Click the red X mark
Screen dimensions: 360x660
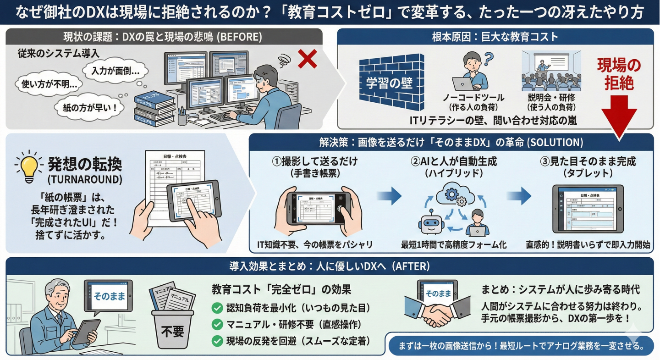click(307, 59)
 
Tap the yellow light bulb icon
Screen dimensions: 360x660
click(29, 166)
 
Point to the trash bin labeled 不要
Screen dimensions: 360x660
click(172, 327)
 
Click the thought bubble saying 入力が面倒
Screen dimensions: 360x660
click(115, 71)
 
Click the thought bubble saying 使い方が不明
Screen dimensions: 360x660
click(49, 84)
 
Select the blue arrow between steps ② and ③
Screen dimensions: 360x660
click(519, 196)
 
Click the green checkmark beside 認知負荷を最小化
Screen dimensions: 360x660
click(217, 308)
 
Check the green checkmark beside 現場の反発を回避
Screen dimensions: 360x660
click(217, 341)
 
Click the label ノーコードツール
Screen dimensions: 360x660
click(473, 98)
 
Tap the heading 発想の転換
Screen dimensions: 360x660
click(85, 165)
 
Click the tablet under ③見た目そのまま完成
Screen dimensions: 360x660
click(588, 209)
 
